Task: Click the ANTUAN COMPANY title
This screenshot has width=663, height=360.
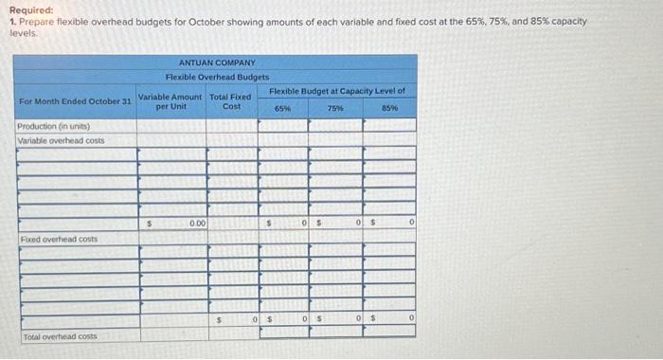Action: coord(217,63)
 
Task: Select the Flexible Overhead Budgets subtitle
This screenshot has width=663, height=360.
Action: coord(217,76)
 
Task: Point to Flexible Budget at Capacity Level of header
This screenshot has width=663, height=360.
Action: coord(337,91)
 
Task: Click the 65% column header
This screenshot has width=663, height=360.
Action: coord(282,109)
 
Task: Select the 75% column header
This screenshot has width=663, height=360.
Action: coord(335,109)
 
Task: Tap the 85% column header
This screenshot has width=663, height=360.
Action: coord(389,109)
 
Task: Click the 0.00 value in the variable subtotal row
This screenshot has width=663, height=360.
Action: coord(197,224)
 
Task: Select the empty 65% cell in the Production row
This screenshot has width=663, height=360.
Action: coord(282,127)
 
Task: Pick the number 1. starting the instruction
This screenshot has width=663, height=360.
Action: coord(12,21)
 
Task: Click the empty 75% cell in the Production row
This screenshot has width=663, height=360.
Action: coord(335,127)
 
